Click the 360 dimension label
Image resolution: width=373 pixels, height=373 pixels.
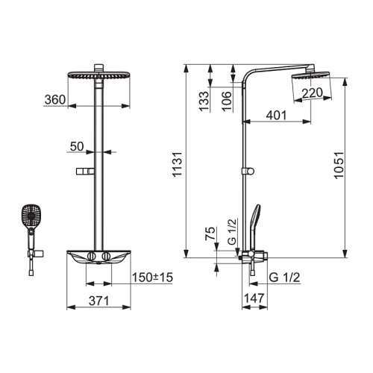coord(55,100)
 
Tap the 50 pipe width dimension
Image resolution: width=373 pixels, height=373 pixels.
coord(77,146)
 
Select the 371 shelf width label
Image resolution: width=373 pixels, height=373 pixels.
coord(99,301)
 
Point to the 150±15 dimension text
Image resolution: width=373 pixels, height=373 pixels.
coord(152,278)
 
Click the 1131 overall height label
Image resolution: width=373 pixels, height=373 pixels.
coord(178,164)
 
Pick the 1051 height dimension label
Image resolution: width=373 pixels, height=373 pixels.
coord(339,165)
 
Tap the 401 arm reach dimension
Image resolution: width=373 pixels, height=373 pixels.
coord(276,115)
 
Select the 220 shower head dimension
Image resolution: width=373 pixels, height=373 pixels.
coord(313,93)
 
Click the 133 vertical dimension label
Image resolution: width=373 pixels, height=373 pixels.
coord(204,101)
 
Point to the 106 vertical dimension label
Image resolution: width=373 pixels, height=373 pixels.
coord(227,101)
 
